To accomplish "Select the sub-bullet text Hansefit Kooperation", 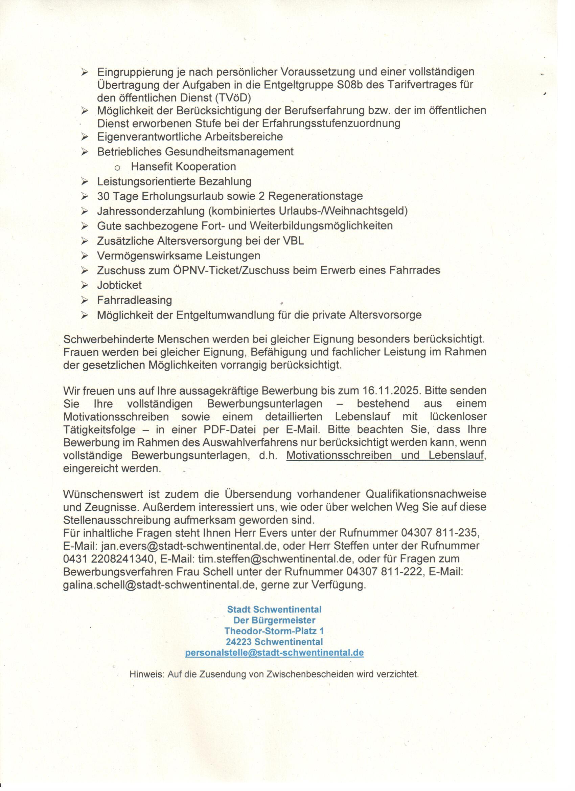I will point(183,167).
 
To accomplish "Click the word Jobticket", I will point(119,285).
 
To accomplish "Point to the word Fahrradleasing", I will point(135,300).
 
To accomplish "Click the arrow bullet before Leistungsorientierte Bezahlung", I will point(85,181).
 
